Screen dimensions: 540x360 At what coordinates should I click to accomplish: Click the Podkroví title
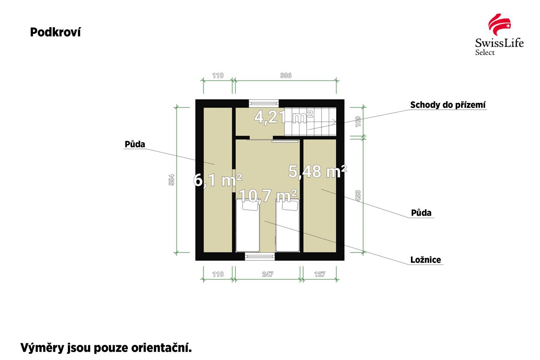pyautogui.click(x=55, y=32)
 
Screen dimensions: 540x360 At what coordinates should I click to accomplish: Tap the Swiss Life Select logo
pyautogui.click(x=499, y=35)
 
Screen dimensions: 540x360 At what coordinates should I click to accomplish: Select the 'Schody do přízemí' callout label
pyautogui.click(x=448, y=105)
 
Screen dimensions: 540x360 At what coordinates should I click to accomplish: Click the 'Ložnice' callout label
pyautogui.click(x=426, y=260)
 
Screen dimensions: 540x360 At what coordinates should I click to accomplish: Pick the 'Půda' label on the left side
pyautogui.click(x=135, y=144)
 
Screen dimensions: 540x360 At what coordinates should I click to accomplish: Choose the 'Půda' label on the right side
pyautogui.click(x=421, y=213)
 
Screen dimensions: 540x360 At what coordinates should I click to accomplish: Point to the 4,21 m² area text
pyautogui.click(x=283, y=117)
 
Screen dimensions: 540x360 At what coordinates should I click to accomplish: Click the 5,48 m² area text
pyautogui.click(x=318, y=172)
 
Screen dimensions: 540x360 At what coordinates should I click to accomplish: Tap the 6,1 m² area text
pyautogui.click(x=218, y=180)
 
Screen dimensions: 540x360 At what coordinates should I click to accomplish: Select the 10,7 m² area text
pyautogui.click(x=267, y=195)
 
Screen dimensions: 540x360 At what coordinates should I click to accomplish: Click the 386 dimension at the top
pyautogui.click(x=286, y=76)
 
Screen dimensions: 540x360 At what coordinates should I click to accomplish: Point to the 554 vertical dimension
pyautogui.click(x=171, y=180)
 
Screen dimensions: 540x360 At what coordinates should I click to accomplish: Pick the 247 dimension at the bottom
pyautogui.click(x=267, y=274)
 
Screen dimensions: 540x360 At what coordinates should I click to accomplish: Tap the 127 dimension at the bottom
pyautogui.click(x=320, y=274)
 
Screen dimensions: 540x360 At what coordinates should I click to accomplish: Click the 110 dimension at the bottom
pyautogui.click(x=218, y=274)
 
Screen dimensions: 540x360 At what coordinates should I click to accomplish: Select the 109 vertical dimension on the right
pyautogui.click(x=358, y=122)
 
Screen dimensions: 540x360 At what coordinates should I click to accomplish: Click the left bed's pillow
pyautogui.click(x=251, y=205)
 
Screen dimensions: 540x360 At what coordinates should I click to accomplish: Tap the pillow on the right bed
pyautogui.click(x=290, y=205)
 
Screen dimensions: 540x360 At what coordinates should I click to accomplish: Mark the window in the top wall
pyautogui.click(x=264, y=103)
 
